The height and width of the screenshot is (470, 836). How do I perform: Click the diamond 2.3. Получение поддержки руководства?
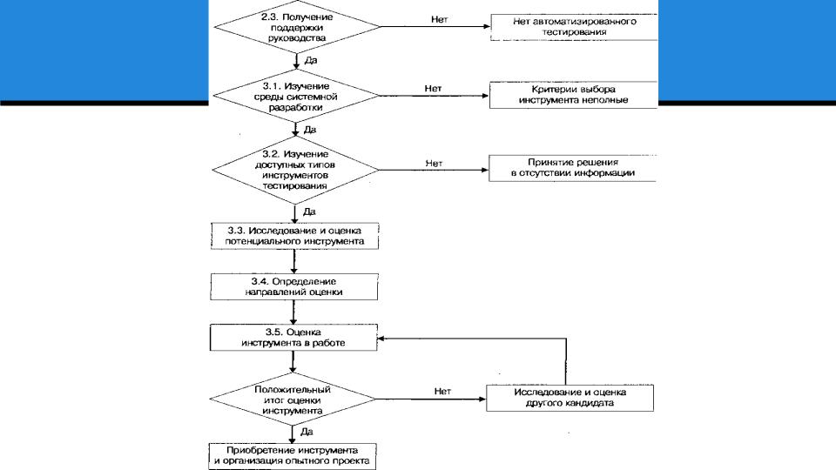[297, 27]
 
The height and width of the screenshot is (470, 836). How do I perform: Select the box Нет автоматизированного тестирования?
[574, 27]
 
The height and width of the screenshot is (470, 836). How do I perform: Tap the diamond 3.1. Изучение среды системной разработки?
[296, 96]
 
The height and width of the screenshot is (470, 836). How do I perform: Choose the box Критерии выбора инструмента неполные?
[573, 95]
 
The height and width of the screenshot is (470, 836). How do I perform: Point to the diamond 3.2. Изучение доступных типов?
[295, 170]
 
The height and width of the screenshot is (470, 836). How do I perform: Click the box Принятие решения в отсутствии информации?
[573, 168]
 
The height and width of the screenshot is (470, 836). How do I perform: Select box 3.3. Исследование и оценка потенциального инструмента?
[295, 236]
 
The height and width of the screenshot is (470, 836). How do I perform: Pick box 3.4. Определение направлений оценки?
[294, 286]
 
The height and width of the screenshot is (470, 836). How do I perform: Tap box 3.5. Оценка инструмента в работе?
[293, 338]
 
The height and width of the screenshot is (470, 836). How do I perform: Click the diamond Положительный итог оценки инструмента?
[293, 399]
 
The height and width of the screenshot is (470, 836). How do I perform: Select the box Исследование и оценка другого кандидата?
[570, 398]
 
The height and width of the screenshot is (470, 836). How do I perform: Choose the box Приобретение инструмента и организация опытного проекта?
[293, 457]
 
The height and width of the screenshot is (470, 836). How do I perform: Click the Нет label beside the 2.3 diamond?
[439, 19]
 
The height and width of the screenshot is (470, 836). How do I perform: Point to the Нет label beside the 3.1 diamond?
[433, 89]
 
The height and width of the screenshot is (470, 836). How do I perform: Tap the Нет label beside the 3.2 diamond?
[434, 163]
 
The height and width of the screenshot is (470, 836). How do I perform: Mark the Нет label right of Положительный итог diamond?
[442, 391]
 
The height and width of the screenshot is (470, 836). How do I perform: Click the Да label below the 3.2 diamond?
[309, 211]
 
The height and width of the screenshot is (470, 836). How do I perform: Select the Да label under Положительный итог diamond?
[307, 432]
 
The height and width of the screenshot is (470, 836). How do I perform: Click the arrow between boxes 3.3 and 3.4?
[293, 261]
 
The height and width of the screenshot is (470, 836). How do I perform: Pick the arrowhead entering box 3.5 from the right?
[381, 339]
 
